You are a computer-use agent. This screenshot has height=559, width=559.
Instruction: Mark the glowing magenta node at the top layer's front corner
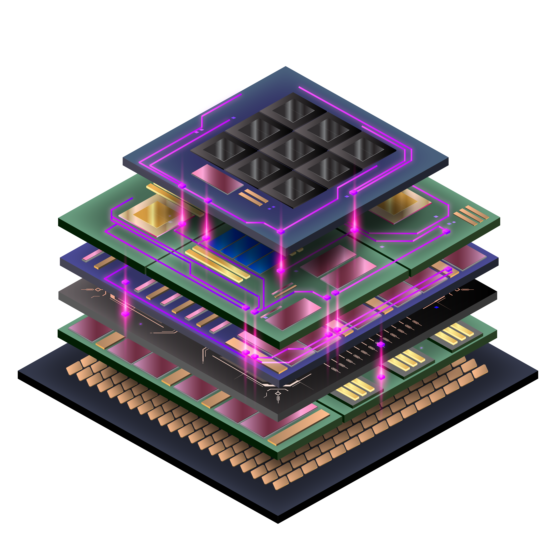click(x=280, y=231)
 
